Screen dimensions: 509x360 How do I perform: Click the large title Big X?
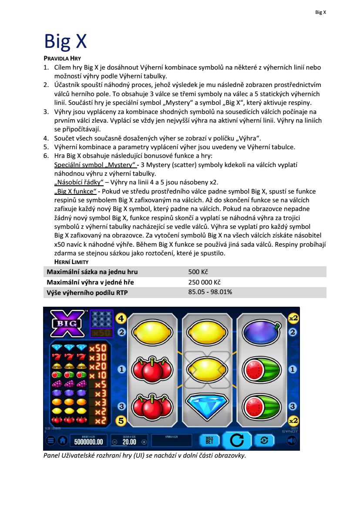[65, 41]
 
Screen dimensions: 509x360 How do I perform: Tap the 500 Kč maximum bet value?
[199, 272]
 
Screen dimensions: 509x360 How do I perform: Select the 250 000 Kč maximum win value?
[205, 282]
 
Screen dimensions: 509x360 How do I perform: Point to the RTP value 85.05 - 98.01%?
[210, 292]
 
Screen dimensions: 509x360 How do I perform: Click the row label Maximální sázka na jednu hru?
[92, 272]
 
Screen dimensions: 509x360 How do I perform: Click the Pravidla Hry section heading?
[62, 58]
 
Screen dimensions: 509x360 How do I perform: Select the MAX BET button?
[209, 440]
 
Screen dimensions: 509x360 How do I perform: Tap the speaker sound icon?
[292, 440]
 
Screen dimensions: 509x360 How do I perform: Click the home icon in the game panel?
[62, 441]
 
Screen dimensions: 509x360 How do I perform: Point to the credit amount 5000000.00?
[88, 442]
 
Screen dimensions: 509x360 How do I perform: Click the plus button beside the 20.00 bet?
[144, 442]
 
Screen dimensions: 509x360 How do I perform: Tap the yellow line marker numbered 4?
[121, 319]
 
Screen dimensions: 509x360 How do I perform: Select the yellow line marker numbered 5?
[121, 421]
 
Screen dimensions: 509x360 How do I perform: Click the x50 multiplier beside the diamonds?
[98, 348]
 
